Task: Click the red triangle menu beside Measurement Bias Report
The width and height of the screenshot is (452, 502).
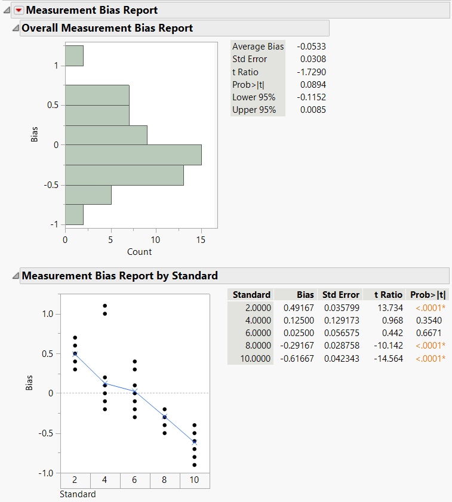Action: [x=19, y=10]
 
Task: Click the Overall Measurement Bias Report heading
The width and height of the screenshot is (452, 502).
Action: [x=107, y=28]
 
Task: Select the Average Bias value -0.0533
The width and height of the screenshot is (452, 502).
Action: [x=313, y=47]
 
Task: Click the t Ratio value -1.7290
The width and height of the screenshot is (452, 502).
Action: [x=313, y=72]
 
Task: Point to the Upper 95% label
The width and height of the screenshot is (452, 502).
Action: [x=254, y=110]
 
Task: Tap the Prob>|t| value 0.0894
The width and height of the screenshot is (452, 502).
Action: [x=313, y=85]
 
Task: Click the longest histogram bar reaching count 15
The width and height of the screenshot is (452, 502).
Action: [x=133, y=155]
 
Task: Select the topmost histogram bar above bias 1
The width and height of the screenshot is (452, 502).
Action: [x=74, y=56]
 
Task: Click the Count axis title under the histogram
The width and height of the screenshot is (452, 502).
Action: [x=139, y=252]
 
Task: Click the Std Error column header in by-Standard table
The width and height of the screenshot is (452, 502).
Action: [x=341, y=295]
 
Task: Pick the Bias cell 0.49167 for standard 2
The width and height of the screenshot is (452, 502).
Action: [x=300, y=308]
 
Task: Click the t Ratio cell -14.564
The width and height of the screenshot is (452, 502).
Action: [x=389, y=358]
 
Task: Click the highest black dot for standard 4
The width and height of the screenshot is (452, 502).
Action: [x=105, y=306]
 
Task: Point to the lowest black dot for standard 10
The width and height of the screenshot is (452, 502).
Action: [x=195, y=465]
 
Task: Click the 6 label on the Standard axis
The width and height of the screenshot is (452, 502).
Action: [x=135, y=481]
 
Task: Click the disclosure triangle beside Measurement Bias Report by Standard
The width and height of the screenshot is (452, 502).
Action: [x=16, y=276]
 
